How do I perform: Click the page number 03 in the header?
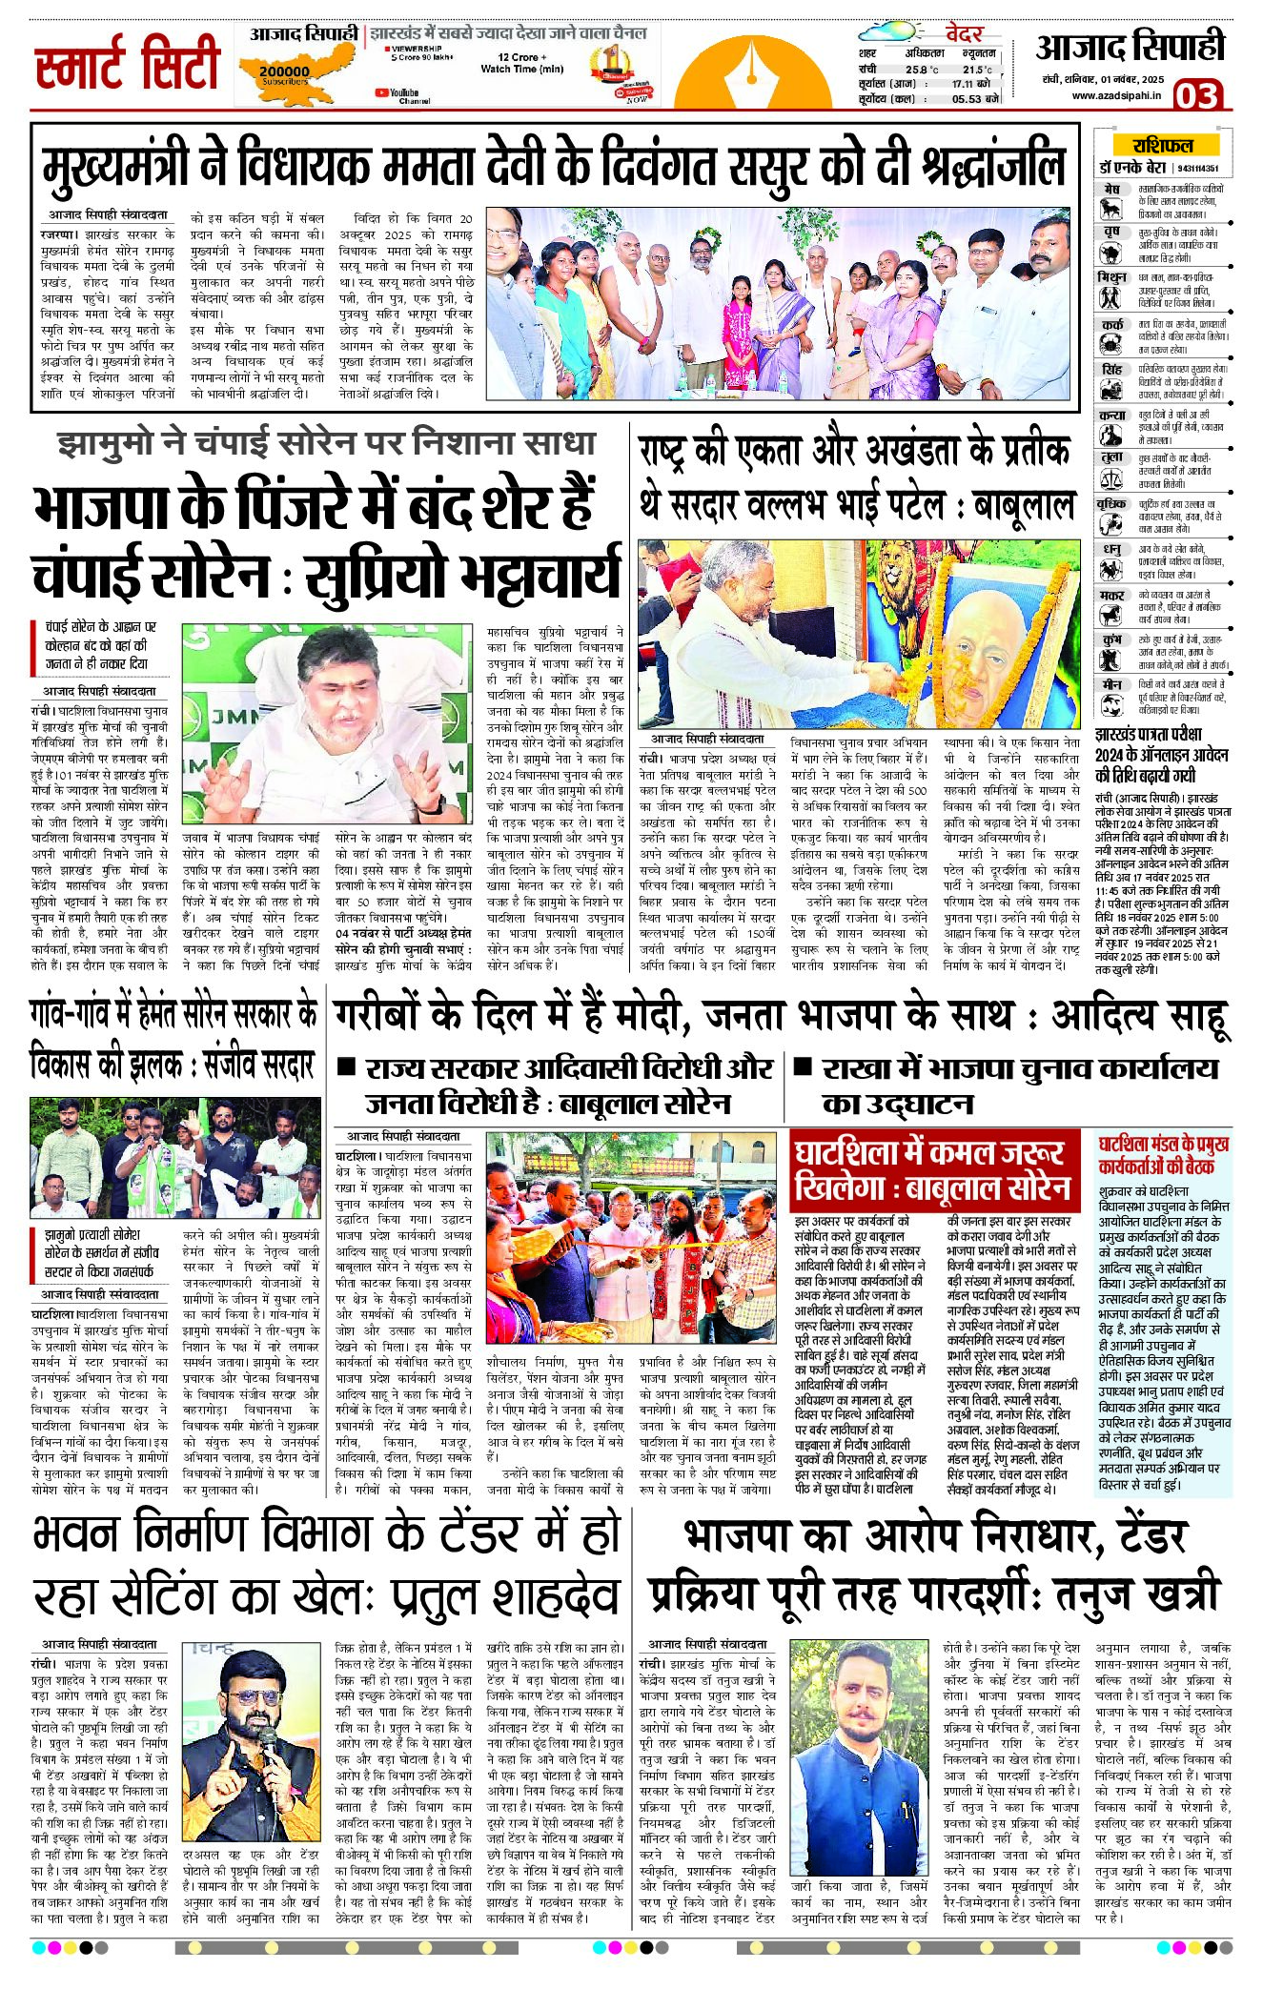(x=1196, y=95)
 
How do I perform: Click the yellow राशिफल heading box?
(x=1162, y=146)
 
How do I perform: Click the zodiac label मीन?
(x=1110, y=684)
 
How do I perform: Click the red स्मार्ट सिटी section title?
(x=128, y=64)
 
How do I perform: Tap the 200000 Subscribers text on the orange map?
(x=284, y=73)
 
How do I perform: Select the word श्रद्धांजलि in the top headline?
(x=992, y=167)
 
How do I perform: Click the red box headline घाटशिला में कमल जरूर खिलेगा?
(x=934, y=1169)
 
